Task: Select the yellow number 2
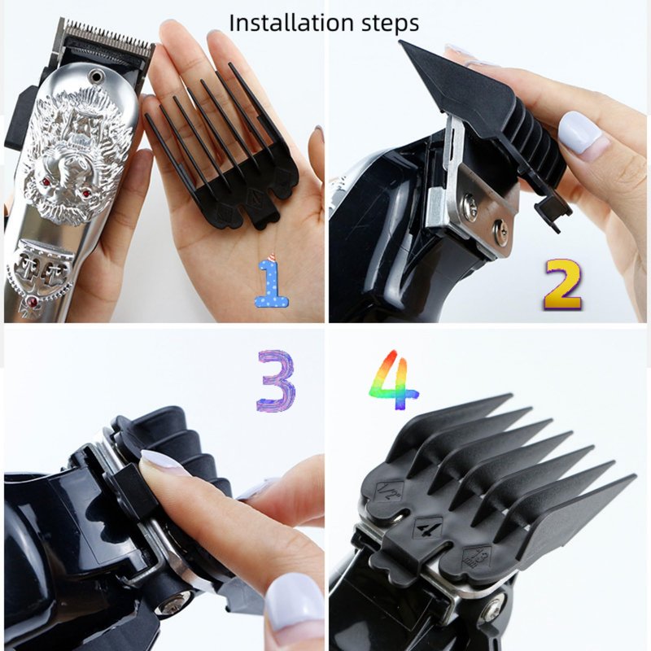click(563, 285)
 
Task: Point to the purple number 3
click(276, 381)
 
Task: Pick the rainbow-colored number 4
click(394, 379)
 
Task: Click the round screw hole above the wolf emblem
click(97, 76)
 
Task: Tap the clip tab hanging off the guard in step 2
click(553, 212)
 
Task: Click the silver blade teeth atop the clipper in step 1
click(107, 38)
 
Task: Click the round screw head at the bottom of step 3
click(173, 604)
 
